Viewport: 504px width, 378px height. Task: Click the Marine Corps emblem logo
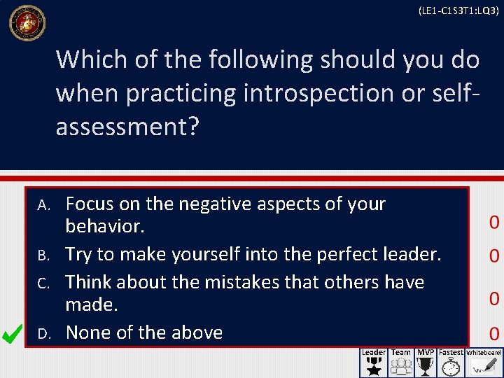(x=27, y=23)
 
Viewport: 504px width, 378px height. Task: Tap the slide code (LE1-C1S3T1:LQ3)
(x=458, y=10)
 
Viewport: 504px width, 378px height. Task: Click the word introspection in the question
(x=316, y=92)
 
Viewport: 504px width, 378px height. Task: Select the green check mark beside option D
(x=13, y=335)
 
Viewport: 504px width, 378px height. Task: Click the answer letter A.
(x=43, y=205)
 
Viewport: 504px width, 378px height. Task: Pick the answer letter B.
(x=43, y=255)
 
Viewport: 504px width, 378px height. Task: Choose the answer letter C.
(x=43, y=283)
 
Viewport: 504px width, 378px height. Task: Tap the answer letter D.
(x=43, y=333)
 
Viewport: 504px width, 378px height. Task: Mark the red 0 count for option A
(x=494, y=223)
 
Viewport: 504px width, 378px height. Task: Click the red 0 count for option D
(x=494, y=333)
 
